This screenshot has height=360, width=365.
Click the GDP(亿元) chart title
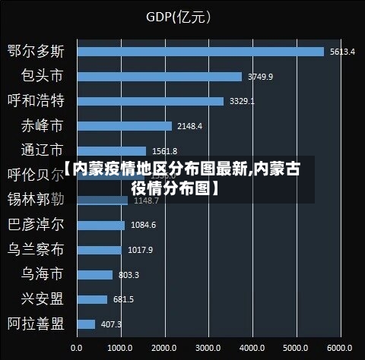(179, 16)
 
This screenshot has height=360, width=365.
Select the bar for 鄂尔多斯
(200, 52)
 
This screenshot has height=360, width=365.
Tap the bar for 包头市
(159, 77)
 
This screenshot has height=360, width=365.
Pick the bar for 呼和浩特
(150, 101)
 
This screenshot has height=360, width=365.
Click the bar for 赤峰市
(124, 126)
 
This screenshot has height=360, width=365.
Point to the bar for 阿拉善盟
(85, 324)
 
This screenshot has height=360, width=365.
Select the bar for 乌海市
(94, 275)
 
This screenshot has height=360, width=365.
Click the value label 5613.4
(342, 52)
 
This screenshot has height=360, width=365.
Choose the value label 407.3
(111, 324)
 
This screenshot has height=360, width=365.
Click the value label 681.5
(123, 299)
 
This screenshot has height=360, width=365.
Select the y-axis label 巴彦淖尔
(36, 225)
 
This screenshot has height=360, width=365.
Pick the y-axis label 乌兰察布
(36, 250)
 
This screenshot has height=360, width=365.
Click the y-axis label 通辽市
(42, 151)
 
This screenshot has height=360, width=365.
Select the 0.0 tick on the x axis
(77, 347)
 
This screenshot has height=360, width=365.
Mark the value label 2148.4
(189, 126)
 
